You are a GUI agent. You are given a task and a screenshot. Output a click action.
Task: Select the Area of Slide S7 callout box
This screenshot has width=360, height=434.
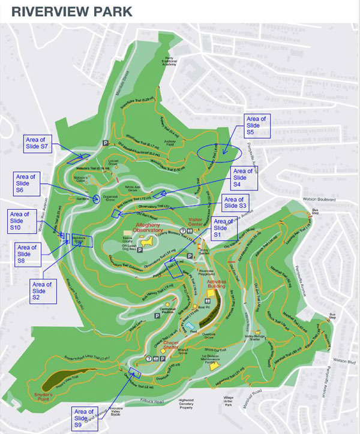click(39, 144)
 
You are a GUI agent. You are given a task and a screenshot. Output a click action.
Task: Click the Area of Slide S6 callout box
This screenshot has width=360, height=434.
click(26, 183)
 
